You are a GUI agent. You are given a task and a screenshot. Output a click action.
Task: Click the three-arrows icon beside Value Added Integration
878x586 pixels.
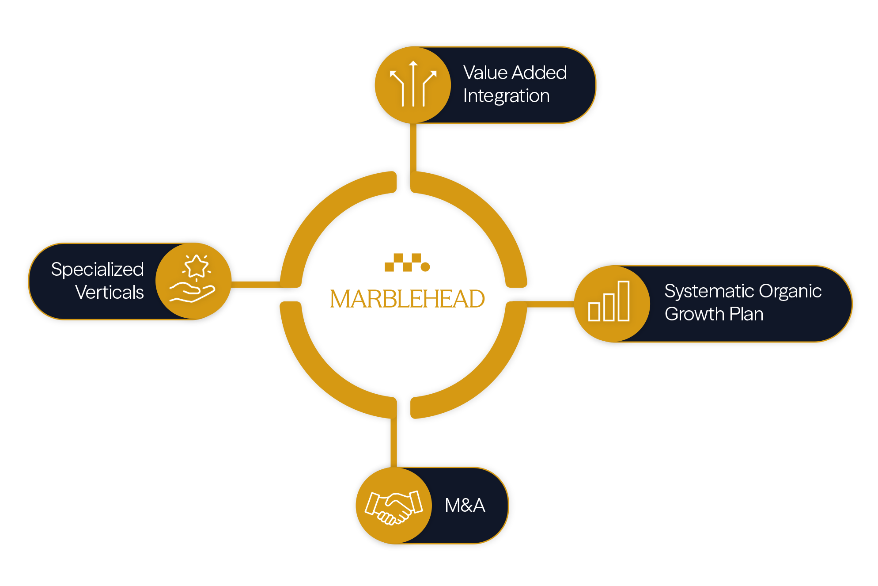(x=413, y=84)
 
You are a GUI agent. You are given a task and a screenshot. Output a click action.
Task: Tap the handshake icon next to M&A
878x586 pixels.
(x=394, y=506)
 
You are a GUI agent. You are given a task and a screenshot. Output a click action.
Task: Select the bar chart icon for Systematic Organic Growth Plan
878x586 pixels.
(x=609, y=302)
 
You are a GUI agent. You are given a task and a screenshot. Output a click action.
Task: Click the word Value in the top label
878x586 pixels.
(x=485, y=73)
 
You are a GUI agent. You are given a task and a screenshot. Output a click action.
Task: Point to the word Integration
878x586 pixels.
(x=506, y=96)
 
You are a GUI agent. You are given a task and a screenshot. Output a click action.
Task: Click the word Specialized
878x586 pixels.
(x=97, y=270)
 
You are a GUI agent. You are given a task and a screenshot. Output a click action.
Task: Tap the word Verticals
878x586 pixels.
(x=110, y=293)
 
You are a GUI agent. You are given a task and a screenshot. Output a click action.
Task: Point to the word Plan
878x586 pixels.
(x=746, y=314)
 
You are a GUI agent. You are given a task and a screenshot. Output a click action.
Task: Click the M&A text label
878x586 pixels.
(x=465, y=506)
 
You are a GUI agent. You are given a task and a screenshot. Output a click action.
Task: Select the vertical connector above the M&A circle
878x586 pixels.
(x=394, y=442)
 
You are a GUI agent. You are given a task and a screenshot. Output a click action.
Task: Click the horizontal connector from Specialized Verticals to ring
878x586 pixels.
(x=255, y=285)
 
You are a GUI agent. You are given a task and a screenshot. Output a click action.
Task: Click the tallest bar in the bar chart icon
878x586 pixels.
(x=624, y=301)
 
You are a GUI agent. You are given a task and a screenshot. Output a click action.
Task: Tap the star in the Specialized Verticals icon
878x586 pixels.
(x=196, y=266)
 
